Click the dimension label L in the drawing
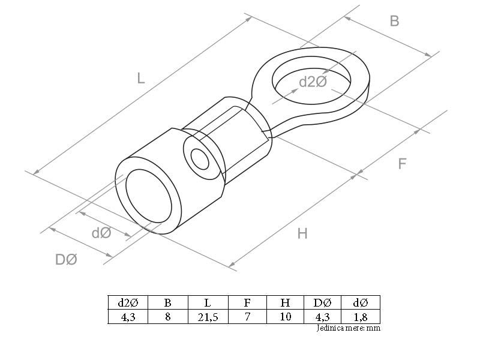tap(140, 77)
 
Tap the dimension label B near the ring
tap(394, 21)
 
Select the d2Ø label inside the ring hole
tap(313, 82)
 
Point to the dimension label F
tap(402, 163)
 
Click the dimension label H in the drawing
tap(302, 233)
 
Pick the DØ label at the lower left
tap(66, 259)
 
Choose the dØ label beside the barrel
tap(101, 233)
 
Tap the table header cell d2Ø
tap(128, 303)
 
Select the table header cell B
tap(168, 303)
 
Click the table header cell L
tap(208, 303)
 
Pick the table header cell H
tap(286, 303)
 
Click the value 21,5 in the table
tap(208, 317)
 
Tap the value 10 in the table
tap(286, 317)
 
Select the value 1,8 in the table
tap(361, 317)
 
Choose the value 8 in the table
tap(168, 317)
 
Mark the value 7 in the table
tap(247, 317)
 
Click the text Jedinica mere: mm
tap(348, 328)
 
